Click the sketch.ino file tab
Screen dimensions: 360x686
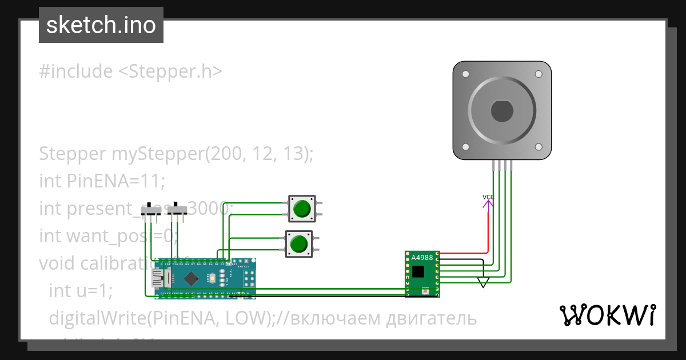[101, 25]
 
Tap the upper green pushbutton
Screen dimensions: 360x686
[301, 209]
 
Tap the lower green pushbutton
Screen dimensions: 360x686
[298, 244]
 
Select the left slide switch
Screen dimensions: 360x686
[151, 210]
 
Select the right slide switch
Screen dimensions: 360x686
[177, 210]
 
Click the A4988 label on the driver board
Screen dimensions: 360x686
[422, 258]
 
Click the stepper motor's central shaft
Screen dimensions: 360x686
[501, 110]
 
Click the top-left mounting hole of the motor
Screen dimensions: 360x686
[466, 74]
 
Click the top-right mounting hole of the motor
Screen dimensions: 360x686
[538, 74]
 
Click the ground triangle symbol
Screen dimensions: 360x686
[484, 282]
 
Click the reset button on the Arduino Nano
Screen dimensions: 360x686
[212, 278]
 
